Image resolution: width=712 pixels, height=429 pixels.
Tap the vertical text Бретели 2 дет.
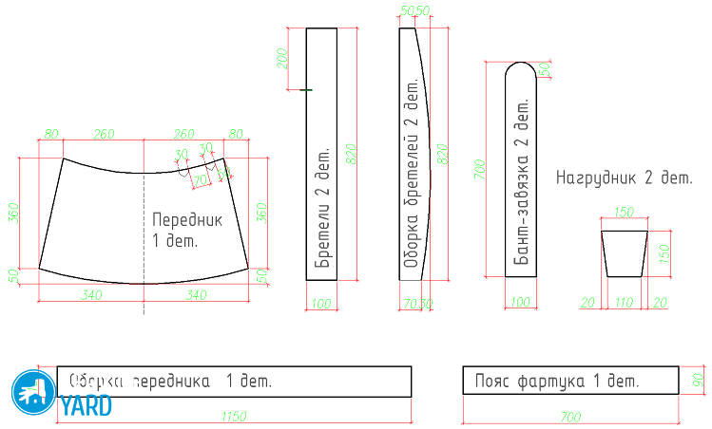[321, 208]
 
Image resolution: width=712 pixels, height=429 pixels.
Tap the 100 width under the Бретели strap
[322, 304]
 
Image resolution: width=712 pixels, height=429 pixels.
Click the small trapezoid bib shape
[625, 252]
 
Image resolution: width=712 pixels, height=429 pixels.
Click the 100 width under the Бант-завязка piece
[520, 302]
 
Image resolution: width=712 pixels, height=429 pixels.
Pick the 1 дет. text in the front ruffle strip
[248, 382]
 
